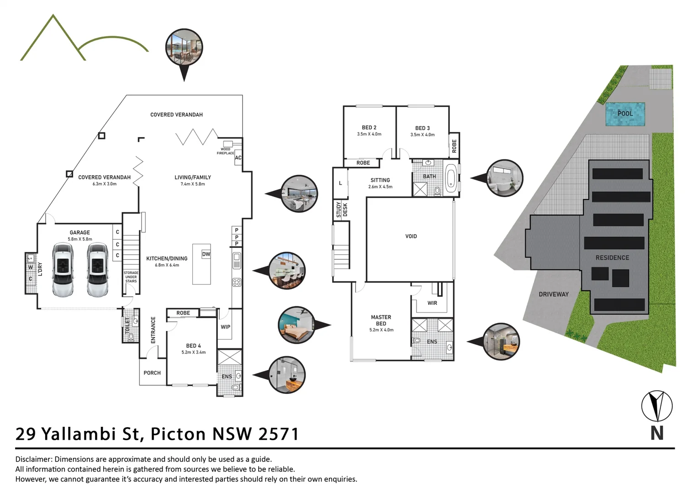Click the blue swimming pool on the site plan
[x=625, y=114]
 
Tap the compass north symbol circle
[x=656, y=406]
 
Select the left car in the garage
[x=63, y=269]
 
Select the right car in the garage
[x=97, y=269]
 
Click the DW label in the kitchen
[x=206, y=254]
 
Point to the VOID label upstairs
[x=411, y=236]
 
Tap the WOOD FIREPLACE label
[x=225, y=151]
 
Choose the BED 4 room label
[x=193, y=346]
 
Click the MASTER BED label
[x=381, y=320]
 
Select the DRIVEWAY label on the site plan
[x=553, y=294]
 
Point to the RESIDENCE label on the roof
[x=612, y=257]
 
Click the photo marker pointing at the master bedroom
[x=297, y=325]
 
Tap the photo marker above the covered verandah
[x=184, y=47]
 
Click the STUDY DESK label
[x=342, y=210]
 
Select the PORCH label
[x=152, y=372]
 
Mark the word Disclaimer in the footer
[x=33, y=459]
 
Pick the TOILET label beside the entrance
[x=127, y=325]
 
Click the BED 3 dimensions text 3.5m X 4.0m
[x=422, y=135]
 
